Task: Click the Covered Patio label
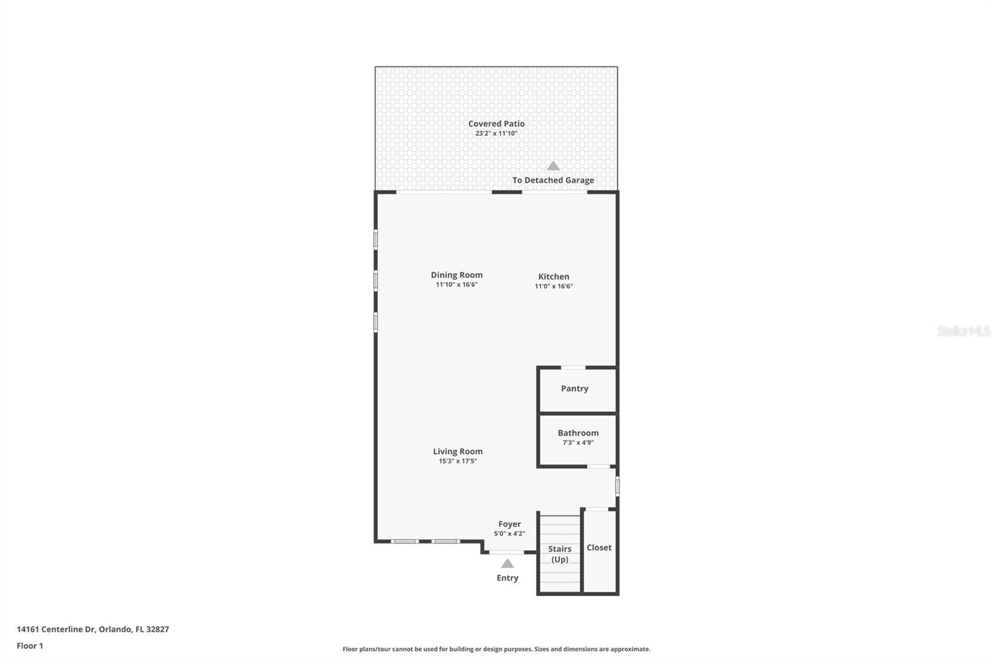[496, 124]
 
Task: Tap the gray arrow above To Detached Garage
[553, 166]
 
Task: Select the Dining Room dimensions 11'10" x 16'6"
[456, 285]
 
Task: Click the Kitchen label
[554, 276]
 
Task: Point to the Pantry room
[575, 389]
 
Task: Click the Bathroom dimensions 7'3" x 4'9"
[578, 443]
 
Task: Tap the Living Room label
[457, 451]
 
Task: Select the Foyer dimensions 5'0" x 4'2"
[509, 533]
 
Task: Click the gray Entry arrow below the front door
[508, 563]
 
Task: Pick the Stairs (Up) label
[559, 554]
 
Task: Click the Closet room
[599, 548]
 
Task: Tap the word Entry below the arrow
[507, 578]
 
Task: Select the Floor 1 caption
[30, 646]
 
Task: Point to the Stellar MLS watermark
[963, 332]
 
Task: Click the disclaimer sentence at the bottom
[496, 649]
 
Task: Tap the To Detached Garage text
[553, 180]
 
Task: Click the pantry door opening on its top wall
[573, 368]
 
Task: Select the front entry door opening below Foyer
[506, 552]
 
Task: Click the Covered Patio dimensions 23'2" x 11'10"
[496, 133]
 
